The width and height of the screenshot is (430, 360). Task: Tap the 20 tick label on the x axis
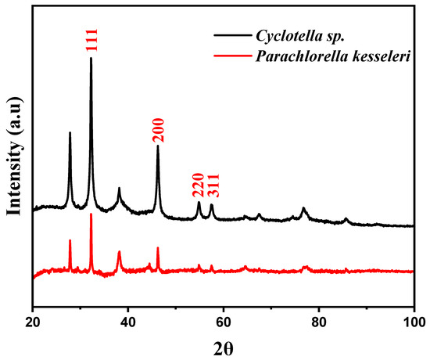(x=33, y=320)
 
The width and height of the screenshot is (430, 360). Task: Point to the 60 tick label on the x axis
(x=224, y=320)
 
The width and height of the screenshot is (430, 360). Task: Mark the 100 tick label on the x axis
(x=414, y=320)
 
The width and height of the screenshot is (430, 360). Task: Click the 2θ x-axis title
(x=223, y=344)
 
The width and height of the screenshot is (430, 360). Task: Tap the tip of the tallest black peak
(x=91, y=58)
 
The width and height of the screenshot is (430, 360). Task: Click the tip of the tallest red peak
(x=91, y=214)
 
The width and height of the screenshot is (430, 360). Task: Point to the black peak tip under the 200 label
(x=158, y=146)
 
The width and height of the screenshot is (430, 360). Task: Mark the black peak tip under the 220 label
(x=199, y=203)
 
